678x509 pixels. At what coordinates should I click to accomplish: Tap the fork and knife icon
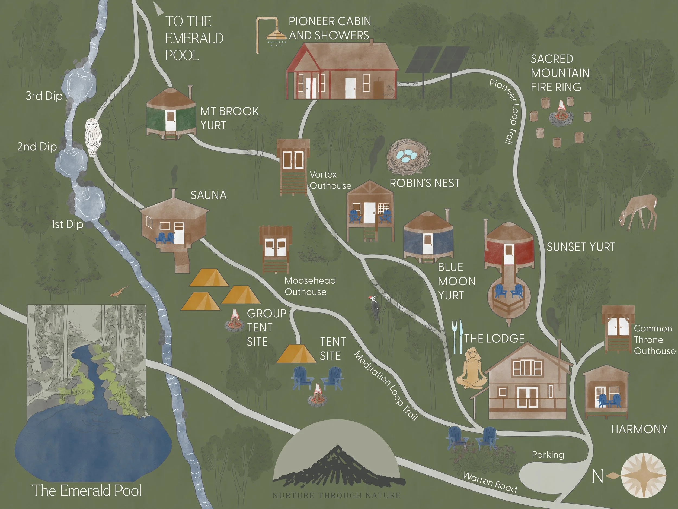coord(457,336)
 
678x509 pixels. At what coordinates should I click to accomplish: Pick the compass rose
coord(644,475)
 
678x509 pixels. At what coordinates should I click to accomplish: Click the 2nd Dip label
coord(37,147)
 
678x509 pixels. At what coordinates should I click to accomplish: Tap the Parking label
coord(548,454)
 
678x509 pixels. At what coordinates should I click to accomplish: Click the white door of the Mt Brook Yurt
coord(170,121)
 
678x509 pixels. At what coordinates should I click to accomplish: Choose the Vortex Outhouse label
coord(330,180)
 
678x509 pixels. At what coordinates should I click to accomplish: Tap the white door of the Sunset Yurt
coord(509,254)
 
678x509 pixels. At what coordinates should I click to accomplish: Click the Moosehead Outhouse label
coord(310,286)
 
